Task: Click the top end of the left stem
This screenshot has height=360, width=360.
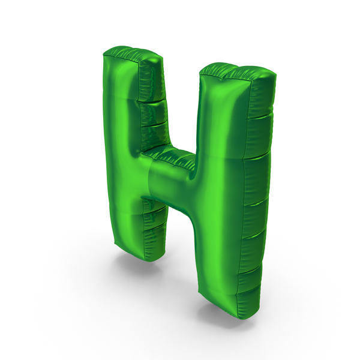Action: pyautogui.click(x=133, y=54)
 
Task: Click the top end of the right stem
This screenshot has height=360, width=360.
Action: pyautogui.click(x=238, y=71)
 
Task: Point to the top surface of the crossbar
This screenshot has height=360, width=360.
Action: pyautogui.click(x=169, y=156)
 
